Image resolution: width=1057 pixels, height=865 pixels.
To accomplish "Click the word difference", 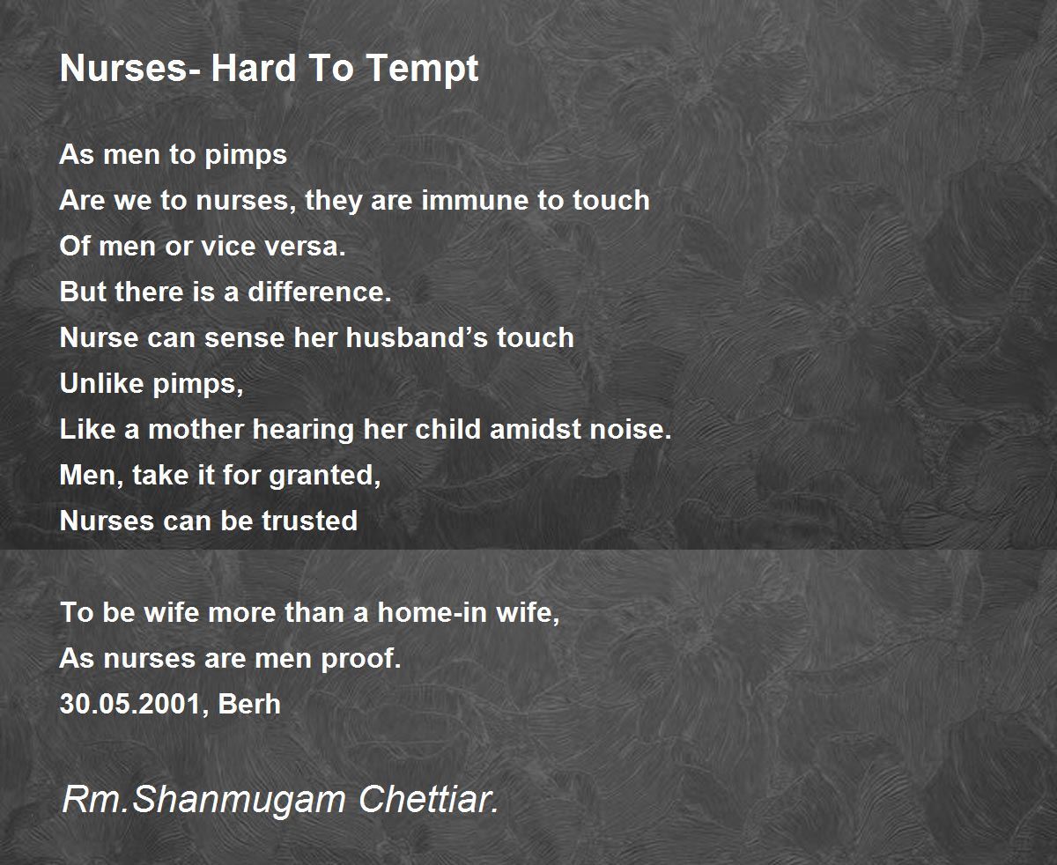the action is [319, 292].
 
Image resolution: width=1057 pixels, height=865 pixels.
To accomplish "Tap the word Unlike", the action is [102, 383].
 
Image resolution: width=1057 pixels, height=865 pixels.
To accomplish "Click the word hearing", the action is [304, 431].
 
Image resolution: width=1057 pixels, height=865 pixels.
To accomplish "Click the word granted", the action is [325, 476].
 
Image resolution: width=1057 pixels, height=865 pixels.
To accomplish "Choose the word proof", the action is [361, 660].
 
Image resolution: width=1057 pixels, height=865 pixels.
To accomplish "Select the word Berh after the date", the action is [249, 704].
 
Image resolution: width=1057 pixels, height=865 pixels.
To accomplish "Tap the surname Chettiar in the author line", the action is [429, 799].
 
